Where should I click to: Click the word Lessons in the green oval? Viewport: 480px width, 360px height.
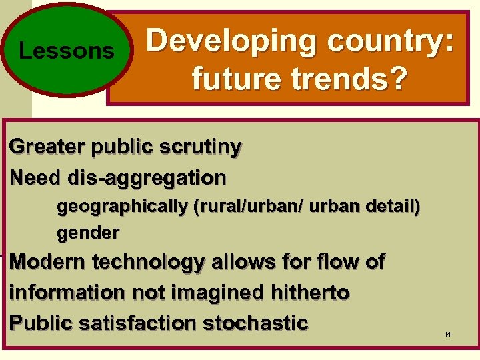point(67,51)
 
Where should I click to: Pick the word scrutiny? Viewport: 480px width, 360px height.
point(199,147)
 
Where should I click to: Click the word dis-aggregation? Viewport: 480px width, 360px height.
point(147,178)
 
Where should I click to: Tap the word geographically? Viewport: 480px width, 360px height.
point(122,207)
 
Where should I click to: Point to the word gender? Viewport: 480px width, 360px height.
point(88,233)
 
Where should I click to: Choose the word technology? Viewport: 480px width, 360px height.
point(152,263)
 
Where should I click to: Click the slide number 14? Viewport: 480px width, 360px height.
point(447,333)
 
